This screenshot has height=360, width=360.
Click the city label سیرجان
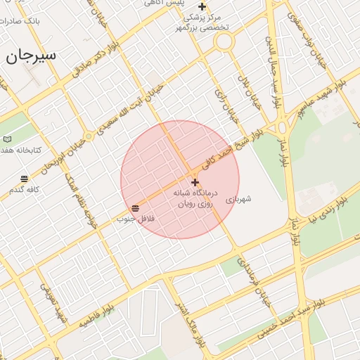tap(31, 56)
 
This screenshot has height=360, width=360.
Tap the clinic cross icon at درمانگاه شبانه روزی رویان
tap(195, 182)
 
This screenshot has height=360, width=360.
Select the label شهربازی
tap(238, 200)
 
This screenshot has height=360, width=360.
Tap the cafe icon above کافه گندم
tap(25, 179)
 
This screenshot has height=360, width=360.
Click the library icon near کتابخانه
tap(7, 139)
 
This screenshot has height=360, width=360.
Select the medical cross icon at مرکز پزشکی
tap(202, 6)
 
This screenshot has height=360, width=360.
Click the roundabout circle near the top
tap(224, 41)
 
